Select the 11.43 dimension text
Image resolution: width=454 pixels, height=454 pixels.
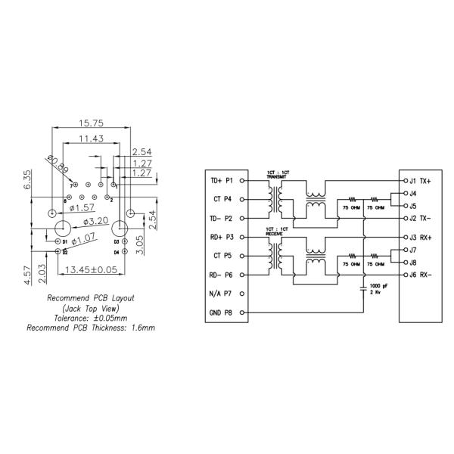(91, 138)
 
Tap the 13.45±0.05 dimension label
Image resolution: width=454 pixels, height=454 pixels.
(90, 269)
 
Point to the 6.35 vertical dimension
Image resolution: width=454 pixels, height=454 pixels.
(28, 180)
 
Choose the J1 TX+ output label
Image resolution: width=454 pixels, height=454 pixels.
(419, 182)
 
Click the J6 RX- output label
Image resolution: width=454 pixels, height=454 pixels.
(419, 275)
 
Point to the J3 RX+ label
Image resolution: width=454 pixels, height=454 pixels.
(419, 238)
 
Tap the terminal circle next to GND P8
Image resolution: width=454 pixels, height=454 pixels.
(242, 312)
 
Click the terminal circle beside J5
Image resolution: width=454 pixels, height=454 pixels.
(403, 206)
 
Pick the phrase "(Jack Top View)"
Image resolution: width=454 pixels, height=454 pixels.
(91, 309)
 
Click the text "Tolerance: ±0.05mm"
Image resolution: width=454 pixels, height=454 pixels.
(91, 319)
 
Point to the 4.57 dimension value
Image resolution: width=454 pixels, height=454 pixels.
(28, 273)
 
